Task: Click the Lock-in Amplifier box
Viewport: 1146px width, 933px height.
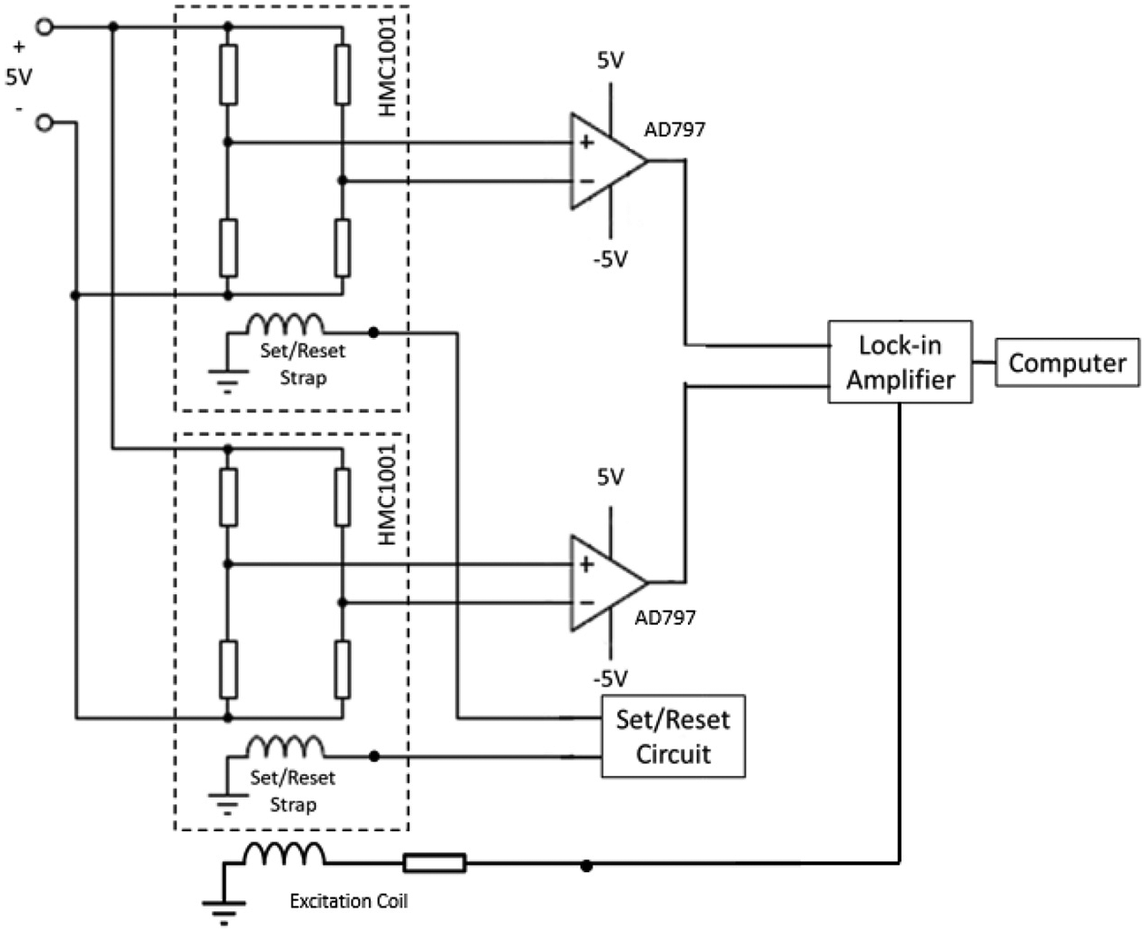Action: point(900,362)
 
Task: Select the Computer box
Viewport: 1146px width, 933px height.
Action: point(1068,362)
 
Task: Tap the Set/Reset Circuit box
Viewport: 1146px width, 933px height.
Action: point(673,736)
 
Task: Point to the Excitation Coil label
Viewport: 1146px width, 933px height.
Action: point(349,900)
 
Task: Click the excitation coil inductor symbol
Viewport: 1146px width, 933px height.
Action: point(284,854)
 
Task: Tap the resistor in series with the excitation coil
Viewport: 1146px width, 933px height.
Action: point(434,863)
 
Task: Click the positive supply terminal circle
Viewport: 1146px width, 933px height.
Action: point(45,27)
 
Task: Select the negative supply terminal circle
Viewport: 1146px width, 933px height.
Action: point(45,124)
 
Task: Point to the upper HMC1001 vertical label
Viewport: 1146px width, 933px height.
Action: point(387,65)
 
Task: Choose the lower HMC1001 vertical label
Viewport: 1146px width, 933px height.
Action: point(387,494)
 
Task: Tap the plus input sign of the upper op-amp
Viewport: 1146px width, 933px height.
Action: point(586,142)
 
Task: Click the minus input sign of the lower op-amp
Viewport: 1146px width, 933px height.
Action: point(586,602)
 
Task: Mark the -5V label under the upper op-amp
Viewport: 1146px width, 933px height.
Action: point(610,259)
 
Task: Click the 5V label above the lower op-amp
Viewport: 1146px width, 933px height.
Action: point(610,477)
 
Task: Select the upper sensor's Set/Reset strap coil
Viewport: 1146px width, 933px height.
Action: point(285,323)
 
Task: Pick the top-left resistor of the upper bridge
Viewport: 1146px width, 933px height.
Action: point(229,74)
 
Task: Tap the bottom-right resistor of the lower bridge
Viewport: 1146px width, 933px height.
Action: point(343,670)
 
